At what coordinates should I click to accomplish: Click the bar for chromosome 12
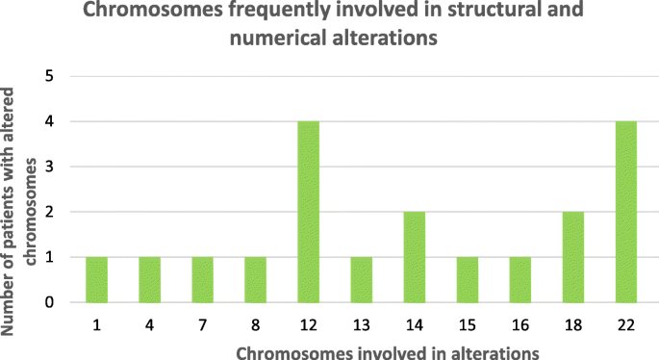[309, 212]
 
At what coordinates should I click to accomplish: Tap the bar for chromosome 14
[413, 257]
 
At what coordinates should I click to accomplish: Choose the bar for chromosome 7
[204, 279]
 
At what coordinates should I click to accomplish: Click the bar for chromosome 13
[361, 279]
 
